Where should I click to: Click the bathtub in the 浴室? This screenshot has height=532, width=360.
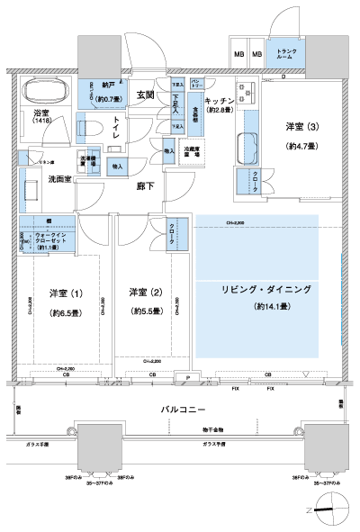pyautogui.click(x=45, y=93)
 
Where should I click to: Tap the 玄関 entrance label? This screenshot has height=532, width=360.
pyautogui.click(x=146, y=95)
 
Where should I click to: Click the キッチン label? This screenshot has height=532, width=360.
pyautogui.click(x=220, y=100)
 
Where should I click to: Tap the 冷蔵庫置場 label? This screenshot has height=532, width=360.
pyautogui.click(x=191, y=153)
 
